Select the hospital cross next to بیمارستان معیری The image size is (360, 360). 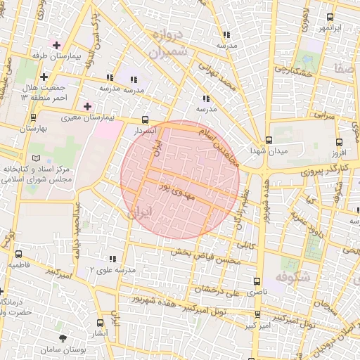point(87,106)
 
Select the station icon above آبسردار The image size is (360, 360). point(146,120)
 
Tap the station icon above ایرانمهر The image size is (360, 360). point(330,18)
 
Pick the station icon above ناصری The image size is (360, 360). point(257,279)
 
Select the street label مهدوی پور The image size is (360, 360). point(173,188)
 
